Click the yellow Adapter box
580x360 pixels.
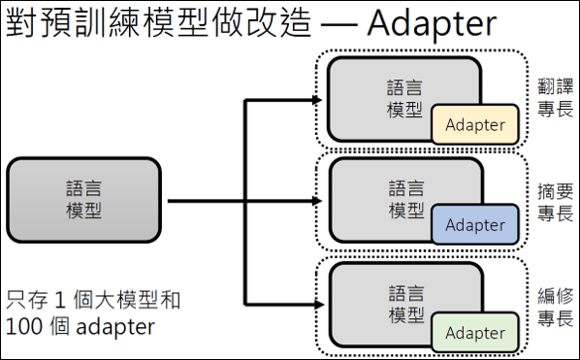(475, 125)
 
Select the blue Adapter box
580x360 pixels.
(475, 226)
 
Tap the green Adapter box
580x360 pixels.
(475, 332)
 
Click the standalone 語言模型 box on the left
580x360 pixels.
(83, 201)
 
